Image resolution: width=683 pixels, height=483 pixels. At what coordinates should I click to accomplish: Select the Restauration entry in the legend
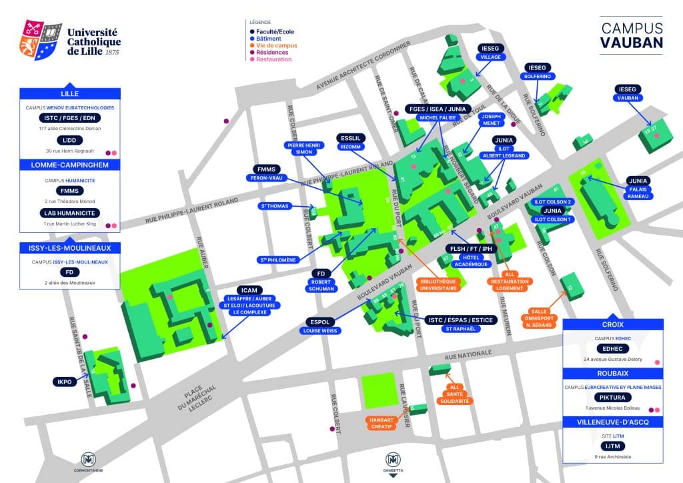271,59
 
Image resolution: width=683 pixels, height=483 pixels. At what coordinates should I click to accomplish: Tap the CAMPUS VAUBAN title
632,35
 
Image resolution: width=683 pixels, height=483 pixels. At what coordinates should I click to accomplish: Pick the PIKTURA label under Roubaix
612,397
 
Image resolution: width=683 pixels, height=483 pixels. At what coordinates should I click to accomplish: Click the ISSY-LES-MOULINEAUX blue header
70,248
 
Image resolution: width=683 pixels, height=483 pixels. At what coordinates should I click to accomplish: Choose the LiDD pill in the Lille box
69,139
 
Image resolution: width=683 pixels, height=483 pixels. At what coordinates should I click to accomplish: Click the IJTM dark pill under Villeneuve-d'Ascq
612,444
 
